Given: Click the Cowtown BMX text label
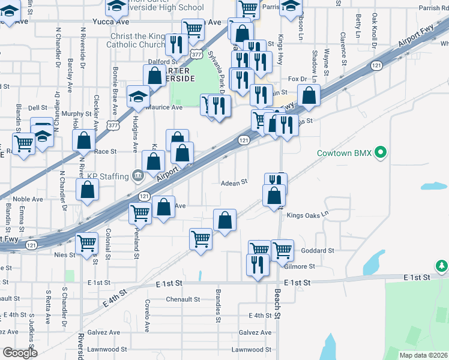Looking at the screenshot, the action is point(344,153).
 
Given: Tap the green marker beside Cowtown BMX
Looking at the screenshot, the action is point(379,154).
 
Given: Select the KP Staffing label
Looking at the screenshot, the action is point(108,176).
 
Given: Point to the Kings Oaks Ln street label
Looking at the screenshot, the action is point(308,214).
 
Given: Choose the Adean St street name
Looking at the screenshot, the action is point(234,182).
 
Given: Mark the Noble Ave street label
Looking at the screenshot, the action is point(28,199).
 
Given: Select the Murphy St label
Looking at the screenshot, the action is point(76,113).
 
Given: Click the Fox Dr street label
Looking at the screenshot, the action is point(297,79).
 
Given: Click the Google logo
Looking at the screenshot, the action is point(20,353).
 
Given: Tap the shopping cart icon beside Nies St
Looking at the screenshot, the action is point(87,243).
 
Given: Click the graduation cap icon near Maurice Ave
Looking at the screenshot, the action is point(139,96).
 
